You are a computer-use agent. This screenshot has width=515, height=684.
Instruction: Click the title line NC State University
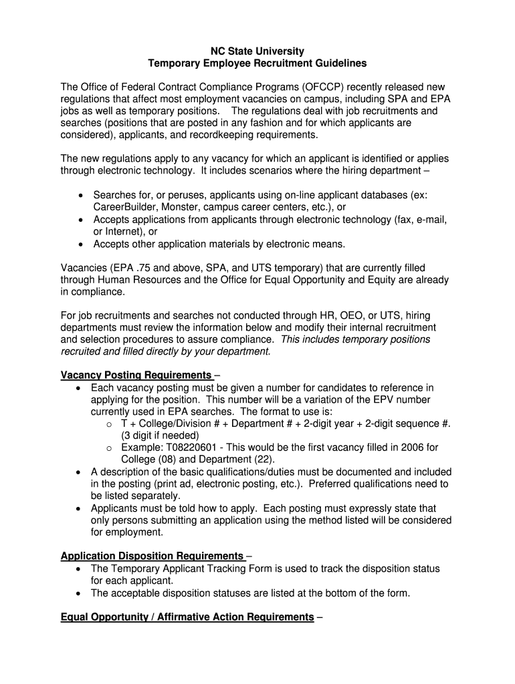pos(257,51)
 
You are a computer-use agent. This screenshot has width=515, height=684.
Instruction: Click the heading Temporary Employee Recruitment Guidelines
pos(257,63)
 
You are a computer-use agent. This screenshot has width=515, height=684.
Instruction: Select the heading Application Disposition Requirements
pos(152,556)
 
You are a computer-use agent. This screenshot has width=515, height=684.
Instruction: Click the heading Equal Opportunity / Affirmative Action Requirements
pos(187,617)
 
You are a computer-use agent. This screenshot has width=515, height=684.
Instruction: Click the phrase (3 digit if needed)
pos(160,436)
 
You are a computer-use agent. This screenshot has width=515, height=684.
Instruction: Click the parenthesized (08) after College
pos(169,460)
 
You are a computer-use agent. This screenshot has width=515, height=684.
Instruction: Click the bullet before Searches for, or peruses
pos(81,195)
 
